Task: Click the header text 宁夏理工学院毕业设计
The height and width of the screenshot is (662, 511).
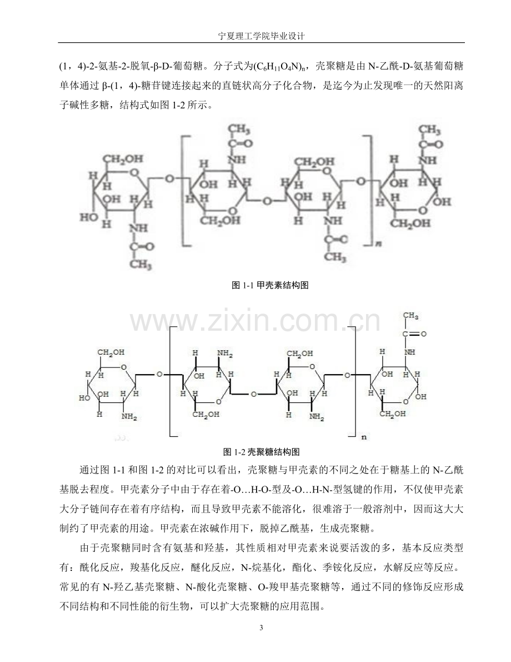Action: point(260,36)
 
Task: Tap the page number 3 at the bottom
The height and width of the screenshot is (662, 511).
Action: point(260,628)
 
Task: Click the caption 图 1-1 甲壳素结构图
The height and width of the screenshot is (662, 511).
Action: point(270,285)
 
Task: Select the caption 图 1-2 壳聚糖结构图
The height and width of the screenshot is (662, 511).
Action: point(261,452)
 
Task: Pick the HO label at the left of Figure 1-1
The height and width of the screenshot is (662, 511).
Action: point(88,217)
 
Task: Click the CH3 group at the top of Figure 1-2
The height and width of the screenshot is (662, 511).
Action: point(410,316)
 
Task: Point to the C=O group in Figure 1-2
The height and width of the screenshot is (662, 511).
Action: point(414,334)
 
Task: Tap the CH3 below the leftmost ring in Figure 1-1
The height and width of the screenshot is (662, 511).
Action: point(141,265)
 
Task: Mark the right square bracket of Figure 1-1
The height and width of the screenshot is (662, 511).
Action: point(368,190)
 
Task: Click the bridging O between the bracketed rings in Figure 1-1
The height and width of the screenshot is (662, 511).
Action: point(267,201)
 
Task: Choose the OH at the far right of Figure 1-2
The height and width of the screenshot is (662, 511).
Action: point(420,396)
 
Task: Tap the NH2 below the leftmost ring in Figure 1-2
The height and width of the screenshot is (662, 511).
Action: point(129,417)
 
